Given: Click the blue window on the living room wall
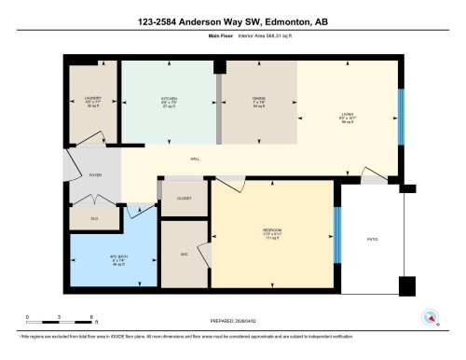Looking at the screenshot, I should pyautogui.click(x=402, y=118).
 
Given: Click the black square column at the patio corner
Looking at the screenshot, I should pyautogui.click(x=406, y=286).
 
